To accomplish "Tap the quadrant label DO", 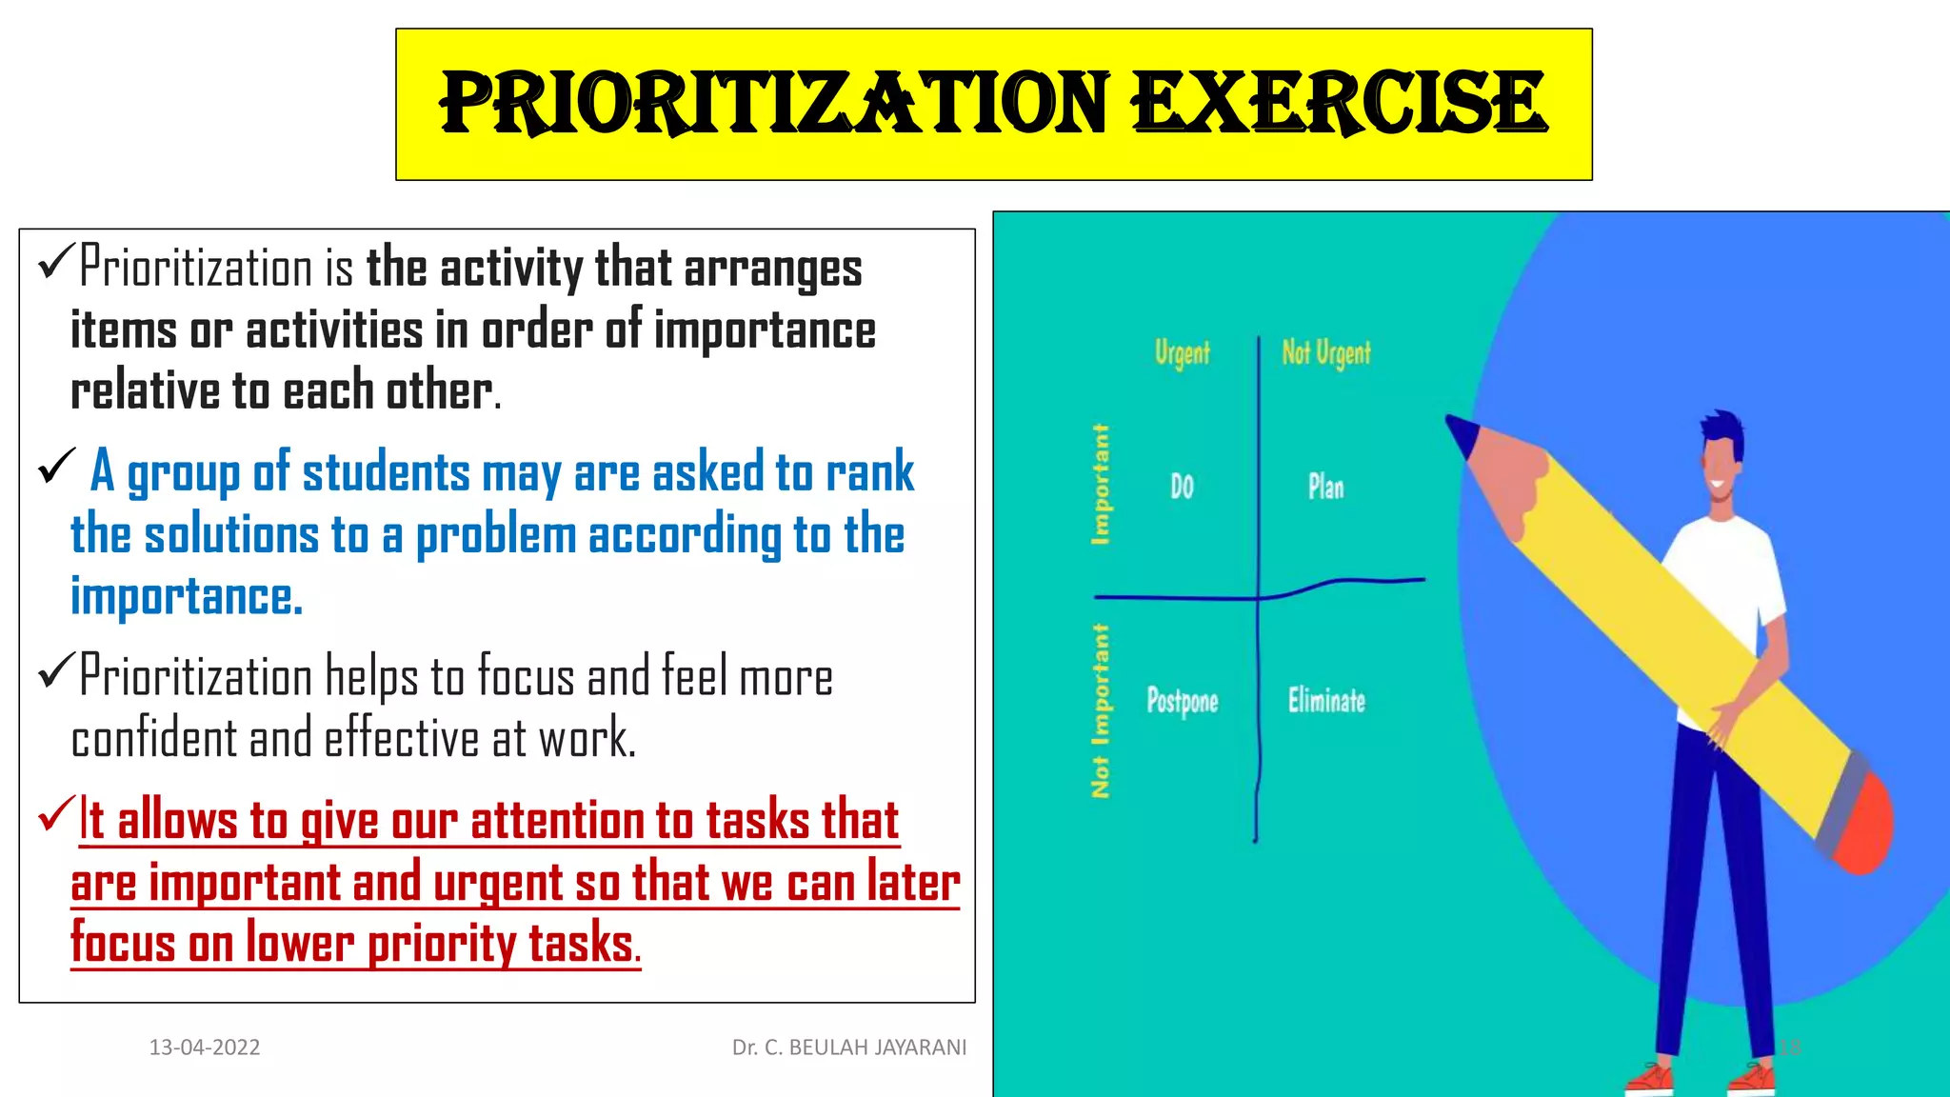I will point(1182,487).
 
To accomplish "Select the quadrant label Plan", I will point(1325,487).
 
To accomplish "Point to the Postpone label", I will point(1182,701).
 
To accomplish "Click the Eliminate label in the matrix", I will point(1326,701).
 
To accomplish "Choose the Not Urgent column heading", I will point(1325,353).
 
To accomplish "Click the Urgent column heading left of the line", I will point(1182,353).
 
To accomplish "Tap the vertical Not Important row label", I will point(1101,710).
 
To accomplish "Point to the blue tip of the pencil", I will point(1462,432).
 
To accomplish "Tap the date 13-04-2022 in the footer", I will point(205,1047).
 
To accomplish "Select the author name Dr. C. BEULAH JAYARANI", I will point(848,1047).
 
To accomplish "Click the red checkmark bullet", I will point(55,815).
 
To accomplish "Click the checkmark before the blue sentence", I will point(56,467).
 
